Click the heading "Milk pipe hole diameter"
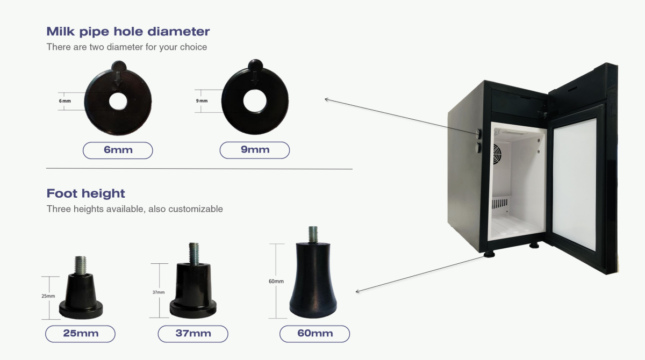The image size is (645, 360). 128,31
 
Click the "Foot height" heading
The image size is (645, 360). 85,193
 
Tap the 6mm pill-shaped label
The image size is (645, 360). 118,150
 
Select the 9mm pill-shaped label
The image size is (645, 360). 255,150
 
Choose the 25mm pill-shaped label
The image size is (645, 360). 81,334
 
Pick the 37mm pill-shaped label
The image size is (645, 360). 193,334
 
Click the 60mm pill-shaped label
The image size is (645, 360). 314,334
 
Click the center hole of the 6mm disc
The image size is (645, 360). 118,100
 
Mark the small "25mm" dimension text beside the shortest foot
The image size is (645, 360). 48,296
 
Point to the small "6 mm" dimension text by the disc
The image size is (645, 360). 65,101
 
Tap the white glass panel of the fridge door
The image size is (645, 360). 575,183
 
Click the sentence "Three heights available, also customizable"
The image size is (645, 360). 134,208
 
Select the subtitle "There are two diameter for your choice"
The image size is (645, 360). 127,47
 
